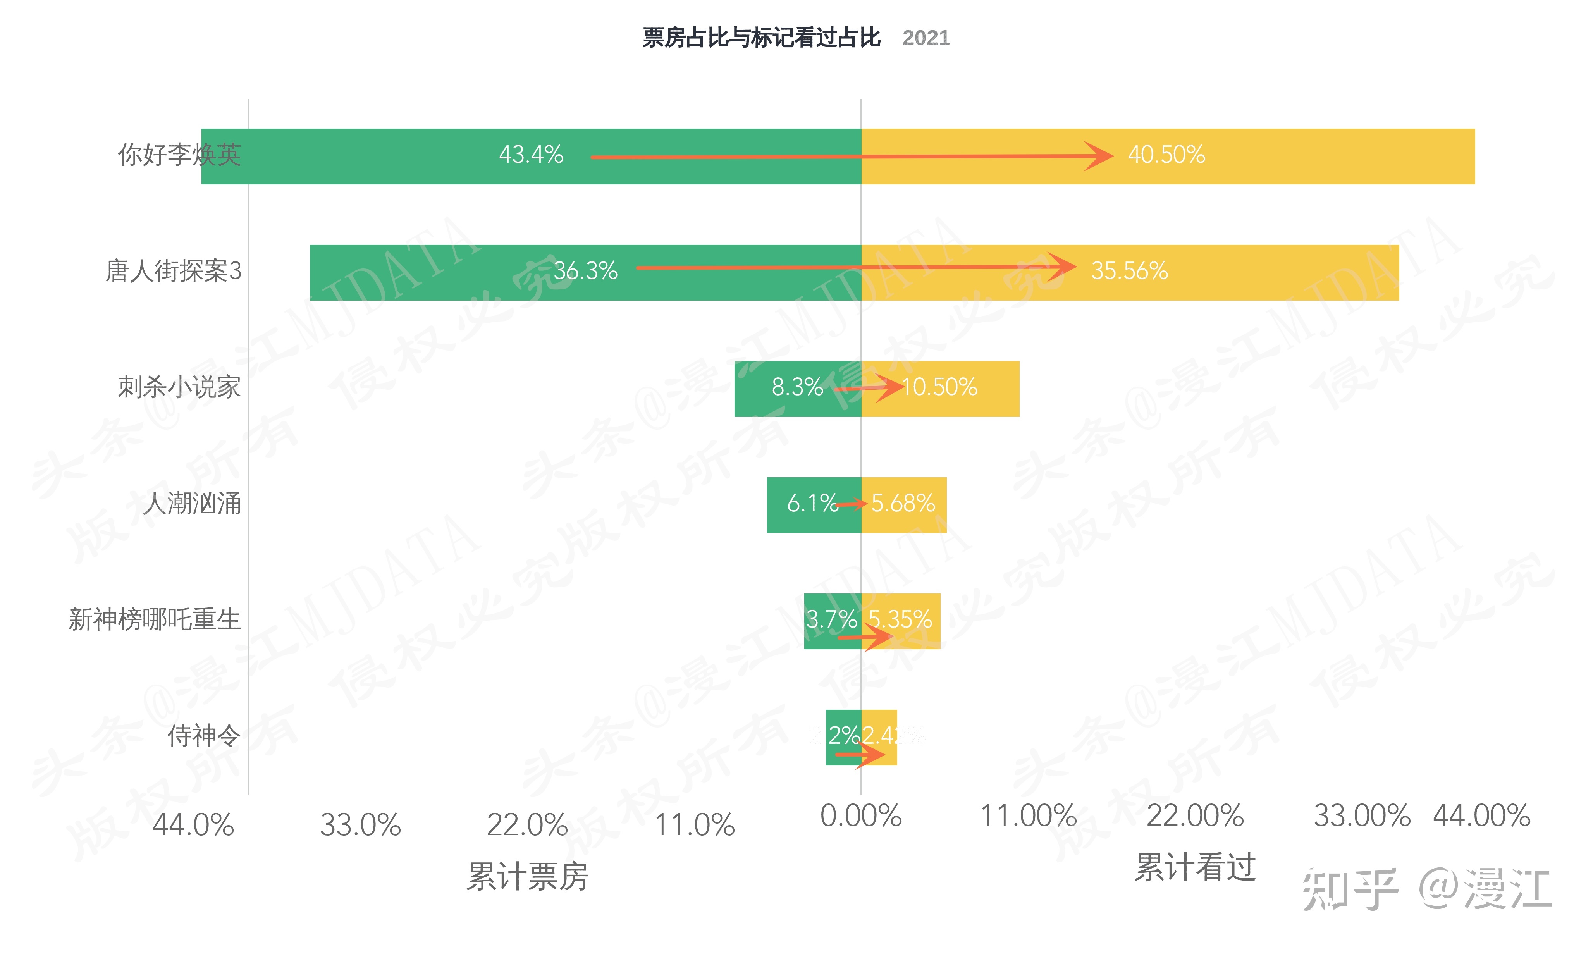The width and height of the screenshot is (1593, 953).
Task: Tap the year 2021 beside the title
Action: tap(926, 38)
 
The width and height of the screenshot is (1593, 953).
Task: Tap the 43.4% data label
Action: tap(531, 155)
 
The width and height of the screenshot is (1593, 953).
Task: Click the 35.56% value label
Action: tap(1129, 271)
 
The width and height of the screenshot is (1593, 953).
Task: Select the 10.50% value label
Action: tap(939, 387)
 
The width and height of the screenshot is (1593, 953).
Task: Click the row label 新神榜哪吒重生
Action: tap(154, 620)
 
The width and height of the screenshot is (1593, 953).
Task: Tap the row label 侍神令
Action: tap(203, 736)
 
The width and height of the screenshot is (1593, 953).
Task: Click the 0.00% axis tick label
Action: tap(861, 816)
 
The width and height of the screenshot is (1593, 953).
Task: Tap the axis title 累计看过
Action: tap(1195, 867)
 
